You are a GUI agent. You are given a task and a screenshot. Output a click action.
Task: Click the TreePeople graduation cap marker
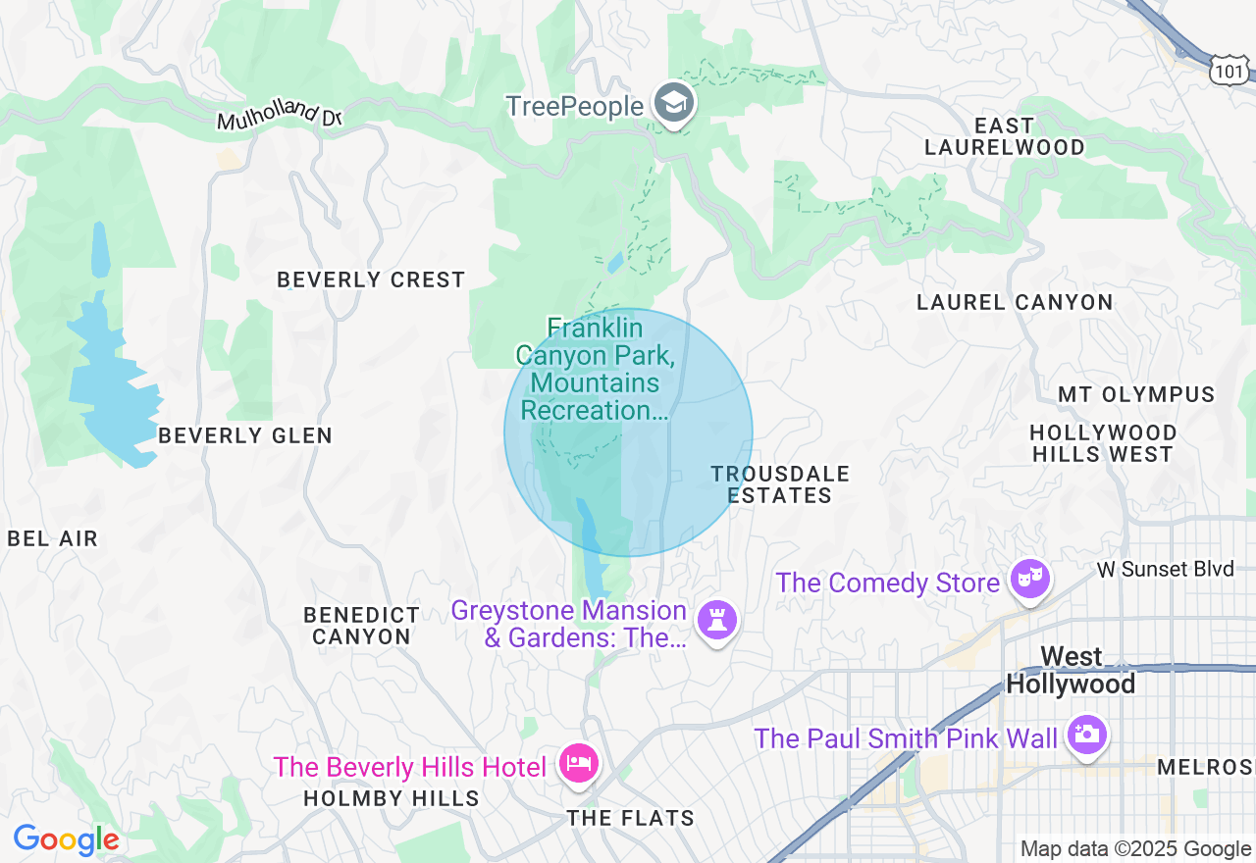pos(674,103)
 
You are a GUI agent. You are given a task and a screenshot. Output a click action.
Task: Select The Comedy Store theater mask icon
pos(1030,581)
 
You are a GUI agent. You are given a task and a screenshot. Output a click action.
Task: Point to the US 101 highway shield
pos(1230,69)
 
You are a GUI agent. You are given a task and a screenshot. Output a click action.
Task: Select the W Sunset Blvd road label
pos(1165,570)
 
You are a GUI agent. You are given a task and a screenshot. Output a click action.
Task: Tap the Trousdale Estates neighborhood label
pos(780,484)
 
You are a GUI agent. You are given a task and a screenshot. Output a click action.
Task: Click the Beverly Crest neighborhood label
pos(371,279)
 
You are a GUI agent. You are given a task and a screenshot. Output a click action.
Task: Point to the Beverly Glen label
pos(245,435)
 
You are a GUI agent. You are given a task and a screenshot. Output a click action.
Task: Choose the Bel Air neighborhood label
pos(53,538)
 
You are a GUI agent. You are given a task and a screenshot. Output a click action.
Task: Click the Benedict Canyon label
pos(361,626)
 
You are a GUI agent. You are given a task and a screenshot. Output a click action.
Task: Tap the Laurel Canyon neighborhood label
pos(1015,302)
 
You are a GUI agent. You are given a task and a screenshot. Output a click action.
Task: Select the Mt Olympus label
pos(1136,394)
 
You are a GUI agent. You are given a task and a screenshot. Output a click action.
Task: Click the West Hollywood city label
pos(1071,670)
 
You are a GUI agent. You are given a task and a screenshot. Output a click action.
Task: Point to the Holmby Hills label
pos(392,798)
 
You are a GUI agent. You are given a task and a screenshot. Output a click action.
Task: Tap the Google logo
pos(66,839)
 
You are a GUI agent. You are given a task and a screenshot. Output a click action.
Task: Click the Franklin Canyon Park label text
pos(595,369)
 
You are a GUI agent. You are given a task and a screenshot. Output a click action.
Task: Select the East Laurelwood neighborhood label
pos(1005,136)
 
